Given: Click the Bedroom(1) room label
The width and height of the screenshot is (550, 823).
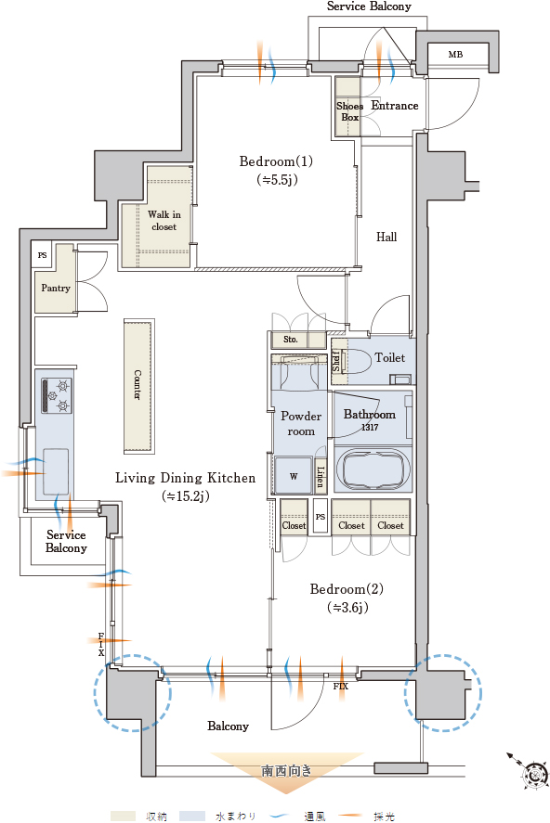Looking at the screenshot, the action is (276, 161).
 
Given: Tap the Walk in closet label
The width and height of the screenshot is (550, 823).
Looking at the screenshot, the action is (164, 221).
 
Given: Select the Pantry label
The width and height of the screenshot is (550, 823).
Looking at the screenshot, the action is (56, 288).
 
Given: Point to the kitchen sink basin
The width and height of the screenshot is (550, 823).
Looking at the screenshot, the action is (56, 471).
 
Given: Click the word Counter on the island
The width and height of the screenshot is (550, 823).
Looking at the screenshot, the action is (137, 385).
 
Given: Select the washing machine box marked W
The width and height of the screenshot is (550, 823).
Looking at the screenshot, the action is (294, 475).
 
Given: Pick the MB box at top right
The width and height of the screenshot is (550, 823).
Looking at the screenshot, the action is (455, 54).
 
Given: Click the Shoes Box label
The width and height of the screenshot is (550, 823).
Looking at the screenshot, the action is (350, 111).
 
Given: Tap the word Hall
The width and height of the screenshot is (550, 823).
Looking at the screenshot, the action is (386, 237).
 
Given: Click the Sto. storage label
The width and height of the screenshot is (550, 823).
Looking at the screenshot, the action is (291, 340).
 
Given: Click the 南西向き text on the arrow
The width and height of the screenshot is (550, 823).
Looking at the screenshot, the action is (287, 771).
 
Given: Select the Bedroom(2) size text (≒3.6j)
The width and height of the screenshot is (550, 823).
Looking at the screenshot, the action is (347, 608).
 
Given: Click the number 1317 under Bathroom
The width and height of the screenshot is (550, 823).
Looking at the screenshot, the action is (370, 427).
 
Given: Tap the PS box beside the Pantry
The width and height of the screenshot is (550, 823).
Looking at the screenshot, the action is (42, 255).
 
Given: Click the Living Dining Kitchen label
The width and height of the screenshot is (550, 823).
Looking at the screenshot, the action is (186, 478).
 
